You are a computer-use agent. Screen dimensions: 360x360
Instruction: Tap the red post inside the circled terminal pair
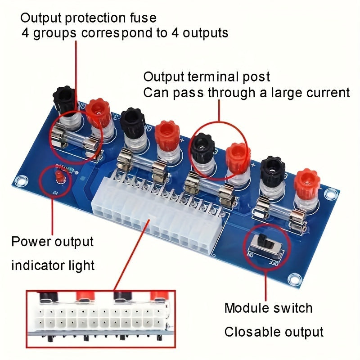(237, 156)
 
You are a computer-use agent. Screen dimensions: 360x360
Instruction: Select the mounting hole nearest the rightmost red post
(331, 194)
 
